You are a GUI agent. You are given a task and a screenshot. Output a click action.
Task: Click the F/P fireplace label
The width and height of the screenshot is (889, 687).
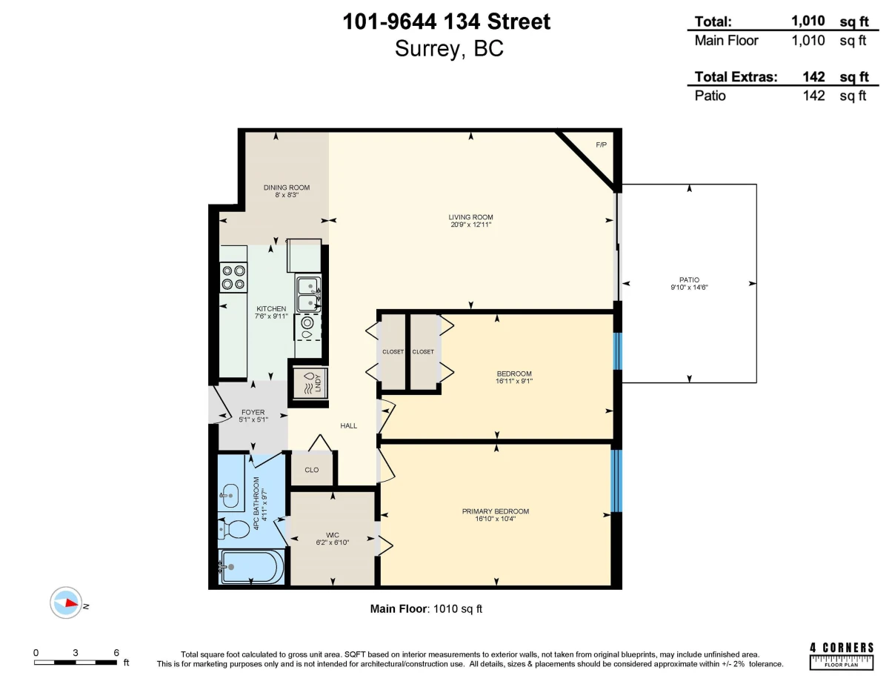tap(601, 145)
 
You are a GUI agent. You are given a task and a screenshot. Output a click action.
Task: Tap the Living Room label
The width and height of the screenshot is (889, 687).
tap(470, 217)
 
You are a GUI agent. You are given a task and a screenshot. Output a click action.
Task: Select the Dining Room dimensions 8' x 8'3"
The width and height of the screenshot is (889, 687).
tap(287, 195)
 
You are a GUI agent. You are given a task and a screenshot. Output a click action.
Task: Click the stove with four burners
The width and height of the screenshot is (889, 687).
tap(233, 277)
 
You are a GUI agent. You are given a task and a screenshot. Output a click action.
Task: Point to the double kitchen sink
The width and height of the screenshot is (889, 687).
tap(308, 293)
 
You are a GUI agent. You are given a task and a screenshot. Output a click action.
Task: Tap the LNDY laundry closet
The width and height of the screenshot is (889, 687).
tap(310, 383)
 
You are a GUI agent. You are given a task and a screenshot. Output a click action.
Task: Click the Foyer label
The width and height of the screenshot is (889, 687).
tap(253, 412)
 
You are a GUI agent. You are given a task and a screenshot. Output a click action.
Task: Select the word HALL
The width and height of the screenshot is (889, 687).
tap(349, 426)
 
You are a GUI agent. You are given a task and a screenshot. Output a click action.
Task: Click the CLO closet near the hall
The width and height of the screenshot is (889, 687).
tap(312, 470)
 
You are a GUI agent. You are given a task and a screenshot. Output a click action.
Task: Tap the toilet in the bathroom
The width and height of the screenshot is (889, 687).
tap(233, 529)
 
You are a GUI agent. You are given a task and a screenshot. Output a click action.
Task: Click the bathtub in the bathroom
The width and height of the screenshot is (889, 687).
tap(252, 567)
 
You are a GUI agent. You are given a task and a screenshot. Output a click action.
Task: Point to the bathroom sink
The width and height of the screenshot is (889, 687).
tap(230, 496)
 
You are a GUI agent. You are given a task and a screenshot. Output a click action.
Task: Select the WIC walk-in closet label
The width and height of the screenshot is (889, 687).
tap(332, 535)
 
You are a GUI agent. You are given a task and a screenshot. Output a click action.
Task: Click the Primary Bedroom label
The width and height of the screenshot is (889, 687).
tap(496, 511)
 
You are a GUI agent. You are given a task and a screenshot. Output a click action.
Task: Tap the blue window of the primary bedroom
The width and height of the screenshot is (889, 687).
tap(616, 481)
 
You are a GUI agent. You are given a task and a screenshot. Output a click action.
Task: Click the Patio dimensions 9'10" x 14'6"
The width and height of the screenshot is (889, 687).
tap(689, 288)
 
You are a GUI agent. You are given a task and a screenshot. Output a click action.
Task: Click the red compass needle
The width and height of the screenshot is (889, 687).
tap(73, 603)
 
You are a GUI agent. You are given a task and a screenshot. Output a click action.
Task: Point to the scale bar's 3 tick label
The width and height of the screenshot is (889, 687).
tap(76, 653)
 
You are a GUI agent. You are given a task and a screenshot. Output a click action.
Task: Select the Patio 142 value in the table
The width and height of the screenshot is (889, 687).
tap(813, 96)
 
